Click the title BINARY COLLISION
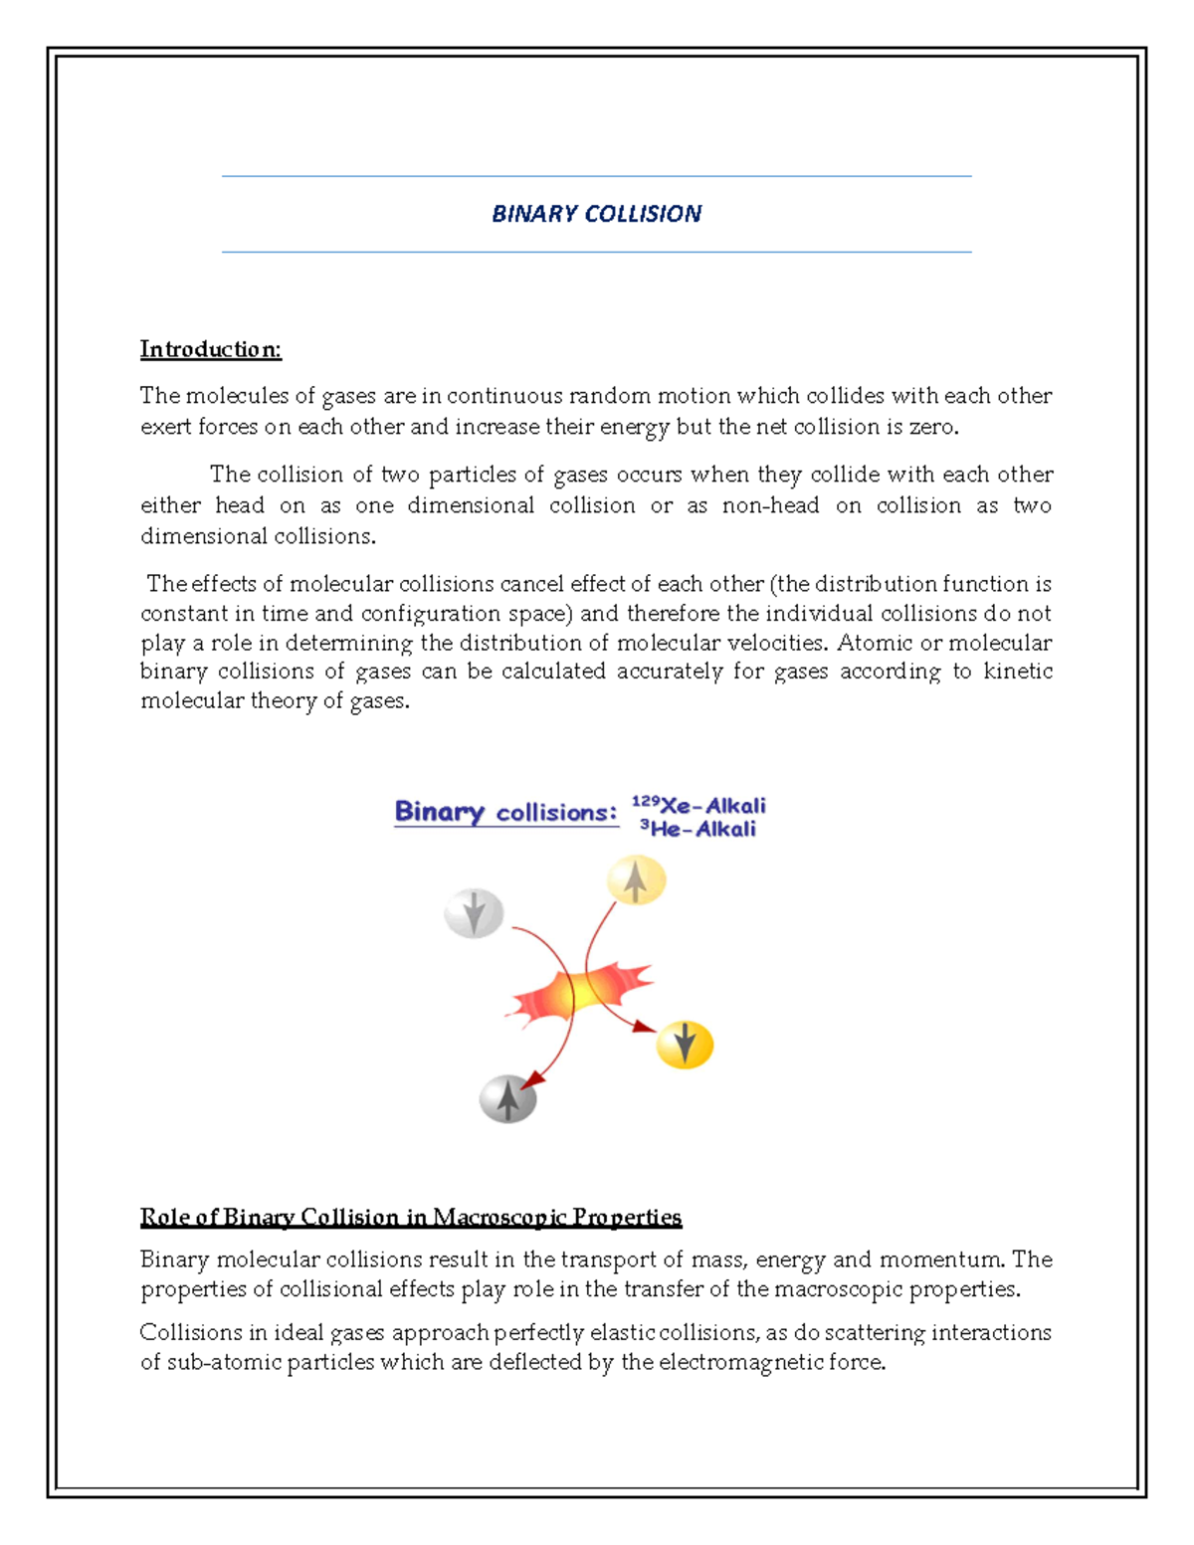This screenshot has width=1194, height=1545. pyautogui.click(x=596, y=214)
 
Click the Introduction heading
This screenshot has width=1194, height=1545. pyautogui.click(x=210, y=349)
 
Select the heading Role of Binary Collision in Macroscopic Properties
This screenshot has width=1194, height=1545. pyautogui.click(x=410, y=1217)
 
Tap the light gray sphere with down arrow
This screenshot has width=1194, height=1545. pyautogui.click(x=474, y=913)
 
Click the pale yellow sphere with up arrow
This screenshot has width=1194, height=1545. pyautogui.click(x=636, y=880)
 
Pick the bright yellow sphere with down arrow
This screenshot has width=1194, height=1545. pyautogui.click(x=685, y=1045)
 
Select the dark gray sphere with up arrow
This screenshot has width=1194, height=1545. pyautogui.click(x=507, y=1099)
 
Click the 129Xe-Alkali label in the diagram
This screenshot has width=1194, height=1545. pyautogui.click(x=699, y=805)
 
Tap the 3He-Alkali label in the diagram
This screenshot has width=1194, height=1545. pyautogui.click(x=697, y=829)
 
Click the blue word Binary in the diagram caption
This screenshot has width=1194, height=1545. pyautogui.click(x=439, y=812)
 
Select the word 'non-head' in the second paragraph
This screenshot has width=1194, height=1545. pyautogui.click(x=770, y=505)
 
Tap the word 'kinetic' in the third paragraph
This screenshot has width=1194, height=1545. pyautogui.click(x=1017, y=672)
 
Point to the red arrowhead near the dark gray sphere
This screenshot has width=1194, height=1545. pyautogui.click(x=533, y=1080)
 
